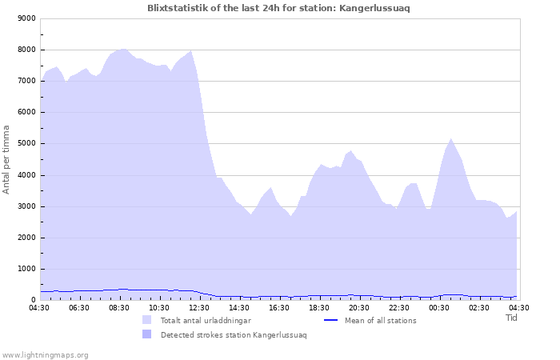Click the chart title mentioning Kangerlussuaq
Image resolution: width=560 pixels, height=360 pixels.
pyautogui.click(x=279, y=7)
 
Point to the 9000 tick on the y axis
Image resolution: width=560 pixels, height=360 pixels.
pyautogui.click(x=26, y=18)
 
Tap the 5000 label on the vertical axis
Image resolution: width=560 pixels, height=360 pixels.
pyautogui.click(x=26, y=144)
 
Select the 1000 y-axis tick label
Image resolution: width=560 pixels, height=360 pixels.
pyautogui.click(x=26, y=270)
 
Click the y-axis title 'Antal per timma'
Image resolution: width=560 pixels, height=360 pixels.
pyautogui.click(x=6, y=158)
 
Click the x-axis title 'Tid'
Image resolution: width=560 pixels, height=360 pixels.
pyautogui.click(x=512, y=318)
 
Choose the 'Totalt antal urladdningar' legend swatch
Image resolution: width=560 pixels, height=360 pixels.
pyautogui.click(x=146, y=320)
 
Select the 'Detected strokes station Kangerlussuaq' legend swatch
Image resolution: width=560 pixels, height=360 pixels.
pyautogui.click(x=146, y=334)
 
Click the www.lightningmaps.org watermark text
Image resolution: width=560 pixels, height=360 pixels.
pyautogui.click(x=45, y=354)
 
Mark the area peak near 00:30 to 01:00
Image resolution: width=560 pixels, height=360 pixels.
pyautogui.click(x=451, y=139)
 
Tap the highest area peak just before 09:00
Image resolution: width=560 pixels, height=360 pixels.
pyautogui.click(x=124, y=49)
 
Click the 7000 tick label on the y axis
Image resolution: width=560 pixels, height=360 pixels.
pyautogui.click(x=26, y=81)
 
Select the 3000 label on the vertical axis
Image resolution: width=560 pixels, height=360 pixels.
pyautogui.click(x=26, y=206)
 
